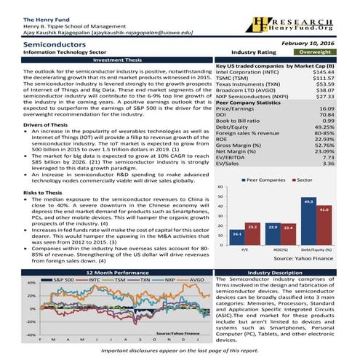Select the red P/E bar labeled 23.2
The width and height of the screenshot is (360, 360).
[x=252, y=234]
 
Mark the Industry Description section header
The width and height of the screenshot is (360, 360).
[x=289, y=272]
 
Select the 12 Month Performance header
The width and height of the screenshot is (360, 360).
[x=107, y=272]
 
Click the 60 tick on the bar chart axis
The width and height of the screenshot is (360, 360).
[x=220, y=187]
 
